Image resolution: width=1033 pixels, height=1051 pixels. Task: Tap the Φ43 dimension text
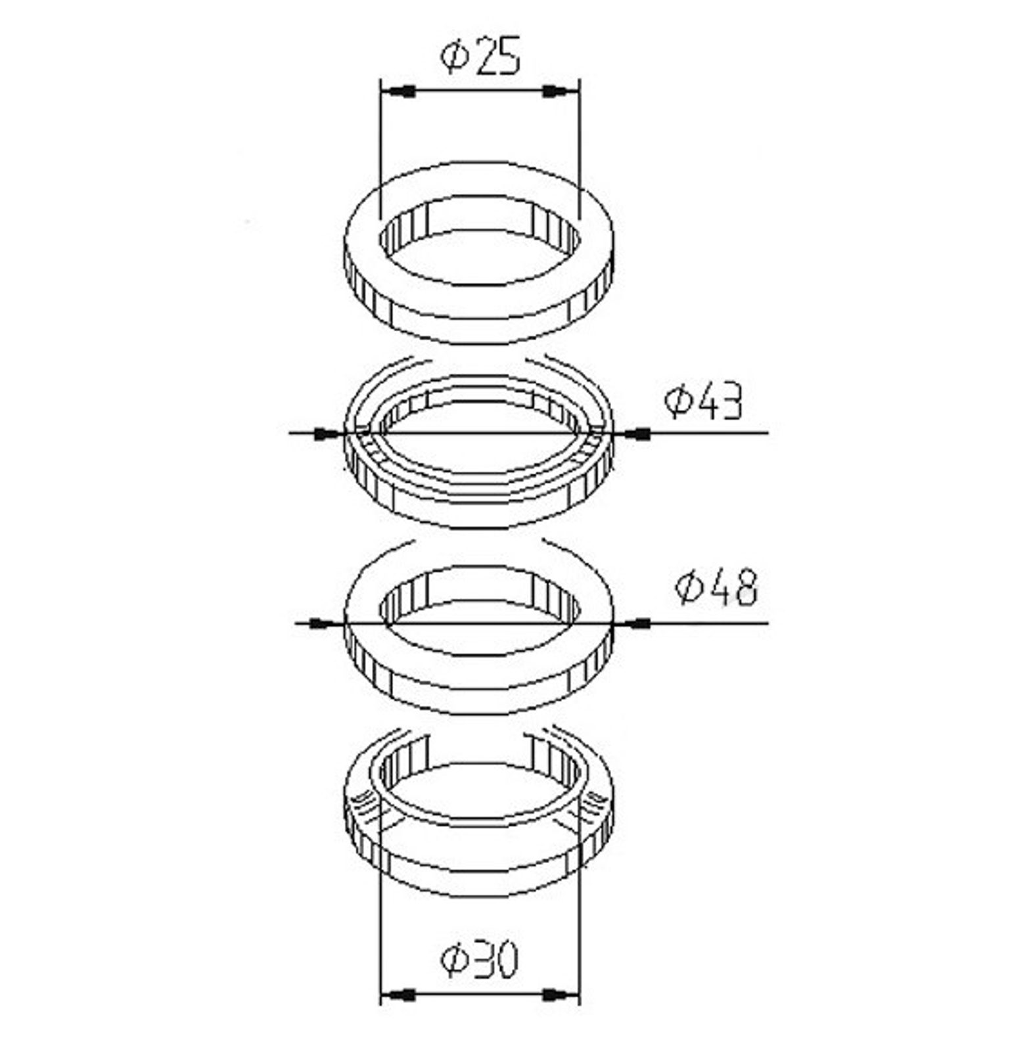click(703, 402)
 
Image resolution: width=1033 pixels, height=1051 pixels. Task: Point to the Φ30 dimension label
click(479, 960)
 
